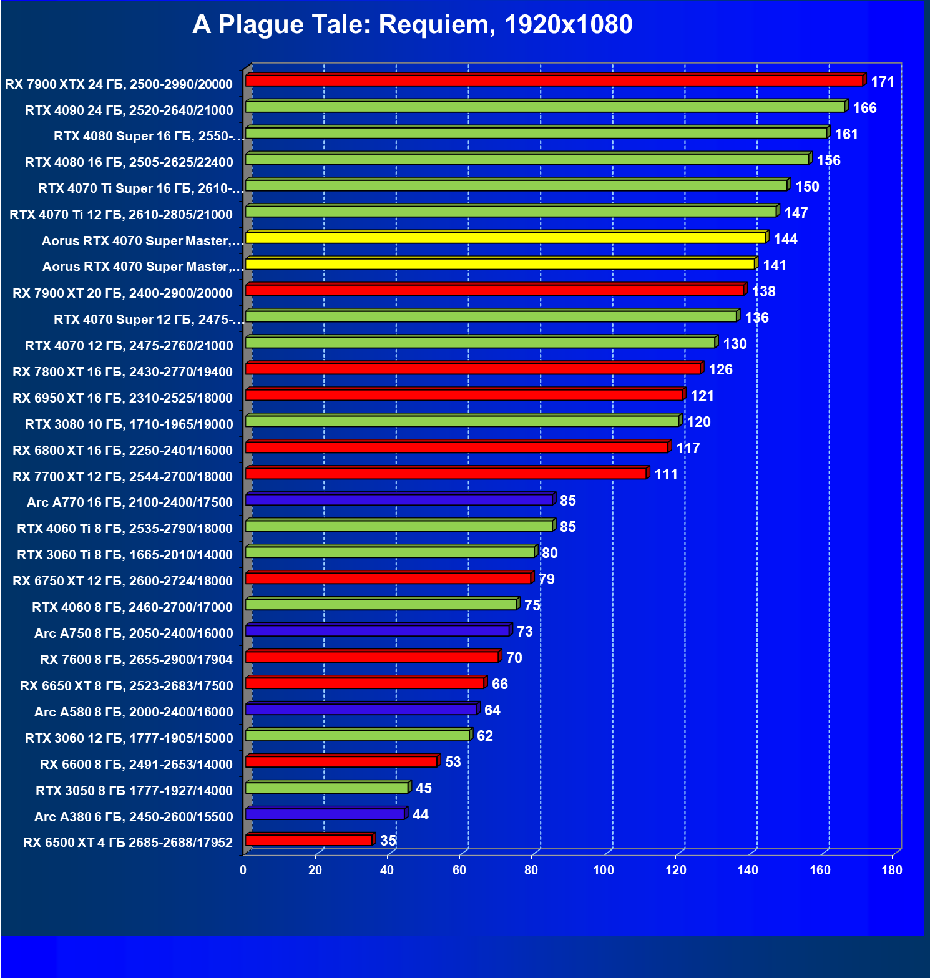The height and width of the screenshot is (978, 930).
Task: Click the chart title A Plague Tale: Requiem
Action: point(412,25)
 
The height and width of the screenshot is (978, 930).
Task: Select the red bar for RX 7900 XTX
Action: point(554,81)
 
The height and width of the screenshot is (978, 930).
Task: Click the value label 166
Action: point(864,109)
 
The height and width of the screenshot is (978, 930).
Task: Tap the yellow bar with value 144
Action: point(506,238)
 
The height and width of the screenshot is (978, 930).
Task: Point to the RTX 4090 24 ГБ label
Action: point(129,110)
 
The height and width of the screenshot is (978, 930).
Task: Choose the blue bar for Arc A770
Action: point(399,499)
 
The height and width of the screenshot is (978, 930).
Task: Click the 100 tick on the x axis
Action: point(603,870)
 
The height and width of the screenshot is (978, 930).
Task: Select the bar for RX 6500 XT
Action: point(310,840)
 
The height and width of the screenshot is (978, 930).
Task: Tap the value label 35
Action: point(388,841)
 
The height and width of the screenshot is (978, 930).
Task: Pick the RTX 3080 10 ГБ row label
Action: point(129,424)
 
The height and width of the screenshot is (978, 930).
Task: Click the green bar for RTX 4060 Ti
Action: point(399,526)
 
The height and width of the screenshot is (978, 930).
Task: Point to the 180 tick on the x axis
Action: point(891,870)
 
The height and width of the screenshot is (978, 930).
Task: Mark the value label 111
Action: point(665,475)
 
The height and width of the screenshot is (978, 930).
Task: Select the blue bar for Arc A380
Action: point(325,814)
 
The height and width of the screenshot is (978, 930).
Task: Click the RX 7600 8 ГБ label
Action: point(136,660)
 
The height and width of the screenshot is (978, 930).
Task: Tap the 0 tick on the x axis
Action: point(243,870)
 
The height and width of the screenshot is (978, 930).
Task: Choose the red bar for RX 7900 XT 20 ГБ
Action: point(495,290)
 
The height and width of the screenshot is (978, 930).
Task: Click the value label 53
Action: point(453,762)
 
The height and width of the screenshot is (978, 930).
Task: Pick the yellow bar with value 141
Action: point(501,264)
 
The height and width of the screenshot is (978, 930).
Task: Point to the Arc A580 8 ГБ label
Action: point(134,712)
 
